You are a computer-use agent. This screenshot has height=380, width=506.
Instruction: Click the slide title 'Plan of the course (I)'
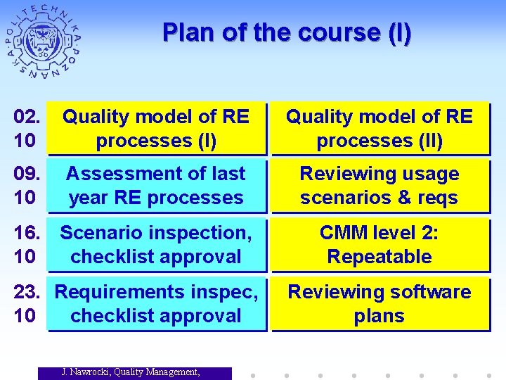[x=287, y=33]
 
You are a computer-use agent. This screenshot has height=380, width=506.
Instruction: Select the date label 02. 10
[x=25, y=129]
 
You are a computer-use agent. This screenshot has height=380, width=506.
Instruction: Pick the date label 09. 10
[x=25, y=186]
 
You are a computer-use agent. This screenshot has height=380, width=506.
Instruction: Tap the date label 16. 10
[x=25, y=245]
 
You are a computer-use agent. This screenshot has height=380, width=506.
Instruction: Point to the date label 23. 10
[x=25, y=304]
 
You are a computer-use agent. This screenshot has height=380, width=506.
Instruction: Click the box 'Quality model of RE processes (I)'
[x=156, y=129]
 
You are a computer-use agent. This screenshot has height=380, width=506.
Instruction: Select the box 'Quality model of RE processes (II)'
[x=379, y=129]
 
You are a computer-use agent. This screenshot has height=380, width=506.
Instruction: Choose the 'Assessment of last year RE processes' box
[x=156, y=186]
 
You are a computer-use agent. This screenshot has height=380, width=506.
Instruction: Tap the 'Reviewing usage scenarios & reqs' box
[x=379, y=186]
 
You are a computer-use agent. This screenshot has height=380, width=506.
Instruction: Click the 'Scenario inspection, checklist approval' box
[x=156, y=245]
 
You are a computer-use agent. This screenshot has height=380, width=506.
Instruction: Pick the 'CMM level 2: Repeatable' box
[x=379, y=245]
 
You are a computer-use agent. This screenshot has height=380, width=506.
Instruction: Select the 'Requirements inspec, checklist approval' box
[x=156, y=304]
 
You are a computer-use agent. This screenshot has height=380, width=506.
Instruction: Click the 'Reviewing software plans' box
[x=379, y=304]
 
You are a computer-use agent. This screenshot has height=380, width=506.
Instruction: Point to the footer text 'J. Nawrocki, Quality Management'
[x=131, y=372]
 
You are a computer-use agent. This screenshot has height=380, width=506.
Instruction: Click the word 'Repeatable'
[x=379, y=257]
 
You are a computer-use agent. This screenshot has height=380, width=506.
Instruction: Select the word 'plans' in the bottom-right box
[x=379, y=316]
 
